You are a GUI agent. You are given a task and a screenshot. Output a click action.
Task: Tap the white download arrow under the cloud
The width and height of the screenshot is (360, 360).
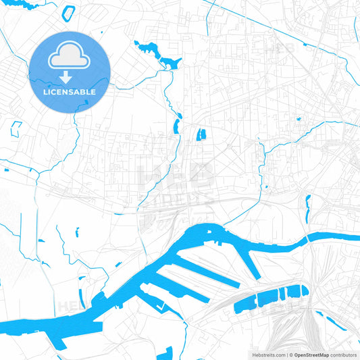(70, 77)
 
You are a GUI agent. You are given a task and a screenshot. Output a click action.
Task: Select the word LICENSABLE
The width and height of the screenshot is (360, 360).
(70, 91)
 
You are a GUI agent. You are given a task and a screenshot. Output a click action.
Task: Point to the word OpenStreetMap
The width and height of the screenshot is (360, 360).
(311, 354)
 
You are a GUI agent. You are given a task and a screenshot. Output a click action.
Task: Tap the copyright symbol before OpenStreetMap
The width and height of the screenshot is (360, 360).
(289, 354)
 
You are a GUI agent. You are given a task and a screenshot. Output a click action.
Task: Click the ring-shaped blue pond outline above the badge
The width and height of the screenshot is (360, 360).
(68, 13)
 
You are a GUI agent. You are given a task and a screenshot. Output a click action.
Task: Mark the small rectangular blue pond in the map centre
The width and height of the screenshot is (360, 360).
(201, 134)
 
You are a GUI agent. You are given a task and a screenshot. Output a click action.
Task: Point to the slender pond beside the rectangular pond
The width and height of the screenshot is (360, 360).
(177, 126)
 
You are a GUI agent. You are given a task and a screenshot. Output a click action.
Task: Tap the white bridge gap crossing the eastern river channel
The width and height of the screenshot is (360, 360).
(303, 238)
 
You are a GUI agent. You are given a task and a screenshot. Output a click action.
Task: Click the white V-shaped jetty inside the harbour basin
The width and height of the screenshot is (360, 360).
(160, 307)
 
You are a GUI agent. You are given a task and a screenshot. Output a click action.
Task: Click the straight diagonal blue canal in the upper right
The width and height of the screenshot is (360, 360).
(284, 27)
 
